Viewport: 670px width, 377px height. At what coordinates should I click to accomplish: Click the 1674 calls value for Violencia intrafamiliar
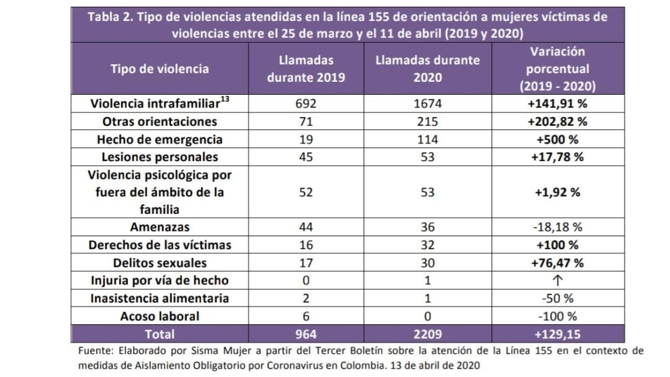click(427, 104)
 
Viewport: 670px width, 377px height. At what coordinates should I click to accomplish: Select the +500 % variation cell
click(557, 139)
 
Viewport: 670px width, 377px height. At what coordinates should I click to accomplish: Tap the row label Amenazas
click(160, 227)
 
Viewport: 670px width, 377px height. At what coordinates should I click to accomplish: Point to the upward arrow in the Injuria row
click(557, 280)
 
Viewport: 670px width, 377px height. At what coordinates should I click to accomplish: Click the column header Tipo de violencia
click(160, 69)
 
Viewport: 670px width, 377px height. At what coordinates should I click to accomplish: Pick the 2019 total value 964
click(306, 334)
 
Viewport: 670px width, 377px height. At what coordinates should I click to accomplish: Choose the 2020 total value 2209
click(427, 334)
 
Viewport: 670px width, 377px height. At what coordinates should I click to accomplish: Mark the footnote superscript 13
click(225, 99)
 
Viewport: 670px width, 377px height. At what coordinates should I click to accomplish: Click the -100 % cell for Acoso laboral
click(557, 316)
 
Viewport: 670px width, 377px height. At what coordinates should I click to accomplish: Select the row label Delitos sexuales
click(160, 263)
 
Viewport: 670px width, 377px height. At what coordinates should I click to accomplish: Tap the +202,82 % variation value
click(557, 121)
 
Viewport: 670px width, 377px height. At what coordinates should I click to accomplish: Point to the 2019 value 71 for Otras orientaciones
click(306, 121)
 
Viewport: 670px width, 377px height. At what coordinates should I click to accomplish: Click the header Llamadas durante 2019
click(306, 69)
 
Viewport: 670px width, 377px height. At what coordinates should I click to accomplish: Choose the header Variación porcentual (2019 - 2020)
click(557, 69)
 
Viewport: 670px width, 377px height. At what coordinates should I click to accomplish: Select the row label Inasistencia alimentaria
click(160, 298)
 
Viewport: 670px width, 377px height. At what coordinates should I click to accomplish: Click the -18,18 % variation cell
click(557, 227)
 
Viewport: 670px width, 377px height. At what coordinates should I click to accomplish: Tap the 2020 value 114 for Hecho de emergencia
click(427, 139)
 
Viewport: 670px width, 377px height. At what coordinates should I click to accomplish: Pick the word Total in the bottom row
click(160, 334)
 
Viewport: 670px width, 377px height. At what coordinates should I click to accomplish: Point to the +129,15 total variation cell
click(557, 334)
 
